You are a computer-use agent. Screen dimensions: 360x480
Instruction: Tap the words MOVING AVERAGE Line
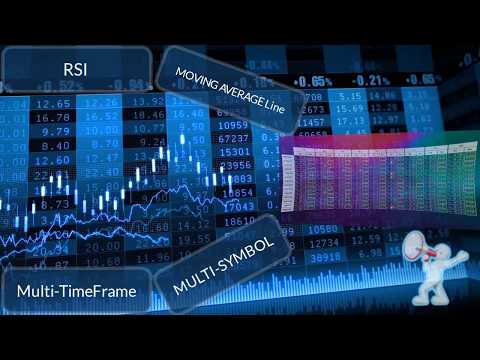click(x=228, y=91)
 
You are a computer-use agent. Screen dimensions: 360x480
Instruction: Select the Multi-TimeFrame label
click(x=76, y=291)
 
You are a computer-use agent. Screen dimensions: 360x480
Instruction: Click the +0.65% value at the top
click(x=313, y=79)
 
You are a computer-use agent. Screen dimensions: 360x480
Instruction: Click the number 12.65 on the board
click(x=50, y=102)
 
